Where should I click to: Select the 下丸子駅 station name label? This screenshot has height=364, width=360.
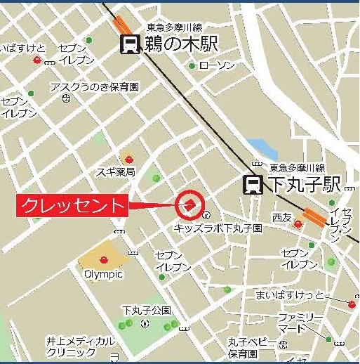[x=304, y=185]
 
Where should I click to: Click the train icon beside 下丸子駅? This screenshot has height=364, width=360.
[x=253, y=185]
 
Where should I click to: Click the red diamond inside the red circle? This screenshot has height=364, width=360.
[x=189, y=204]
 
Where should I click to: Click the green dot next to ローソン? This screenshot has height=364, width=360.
[x=192, y=66]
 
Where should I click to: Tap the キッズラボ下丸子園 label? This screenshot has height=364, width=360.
[x=218, y=228]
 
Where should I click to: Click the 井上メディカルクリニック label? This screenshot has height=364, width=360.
[x=81, y=346]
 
